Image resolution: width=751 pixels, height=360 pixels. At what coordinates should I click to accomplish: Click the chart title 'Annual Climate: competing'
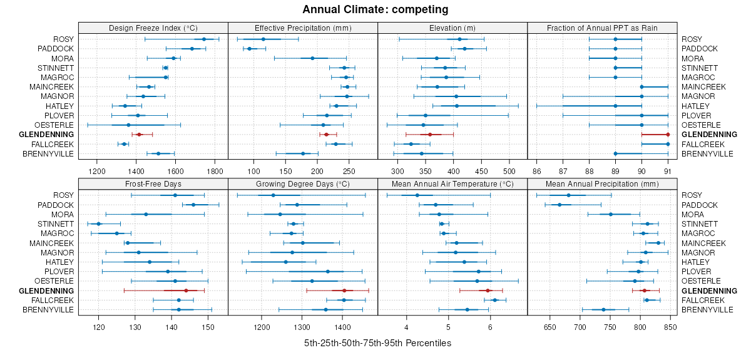(375, 9)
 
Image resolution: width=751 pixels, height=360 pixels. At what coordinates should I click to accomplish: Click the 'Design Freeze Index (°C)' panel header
(153, 28)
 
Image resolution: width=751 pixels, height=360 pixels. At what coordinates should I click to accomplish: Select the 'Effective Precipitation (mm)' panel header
(303, 28)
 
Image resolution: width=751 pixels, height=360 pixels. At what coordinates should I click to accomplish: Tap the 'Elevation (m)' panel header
(452, 28)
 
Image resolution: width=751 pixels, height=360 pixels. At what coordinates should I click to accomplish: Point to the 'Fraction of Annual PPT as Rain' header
(602, 28)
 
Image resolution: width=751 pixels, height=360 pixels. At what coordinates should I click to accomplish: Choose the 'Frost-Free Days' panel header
(153, 184)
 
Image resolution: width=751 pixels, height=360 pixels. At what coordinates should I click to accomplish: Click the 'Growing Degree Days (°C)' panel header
(303, 184)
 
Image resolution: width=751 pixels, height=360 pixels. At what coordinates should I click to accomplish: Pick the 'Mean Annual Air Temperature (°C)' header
(452, 184)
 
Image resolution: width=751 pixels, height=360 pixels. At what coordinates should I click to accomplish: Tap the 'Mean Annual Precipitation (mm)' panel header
(602, 184)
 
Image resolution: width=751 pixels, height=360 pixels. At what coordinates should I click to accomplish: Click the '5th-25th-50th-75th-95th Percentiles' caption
(377, 343)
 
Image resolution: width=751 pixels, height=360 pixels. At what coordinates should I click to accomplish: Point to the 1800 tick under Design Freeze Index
(215, 170)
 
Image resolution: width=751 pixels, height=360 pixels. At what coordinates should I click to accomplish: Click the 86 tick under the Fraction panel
(536, 170)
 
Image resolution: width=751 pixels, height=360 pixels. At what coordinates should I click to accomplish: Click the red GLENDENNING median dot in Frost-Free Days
(186, 291)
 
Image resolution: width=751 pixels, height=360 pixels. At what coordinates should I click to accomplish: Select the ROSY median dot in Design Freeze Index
(204, 39)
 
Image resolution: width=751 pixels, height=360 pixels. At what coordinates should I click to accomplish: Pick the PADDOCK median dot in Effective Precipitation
(249, 49)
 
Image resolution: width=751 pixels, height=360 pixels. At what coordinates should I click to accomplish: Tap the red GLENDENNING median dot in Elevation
(430, 135)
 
